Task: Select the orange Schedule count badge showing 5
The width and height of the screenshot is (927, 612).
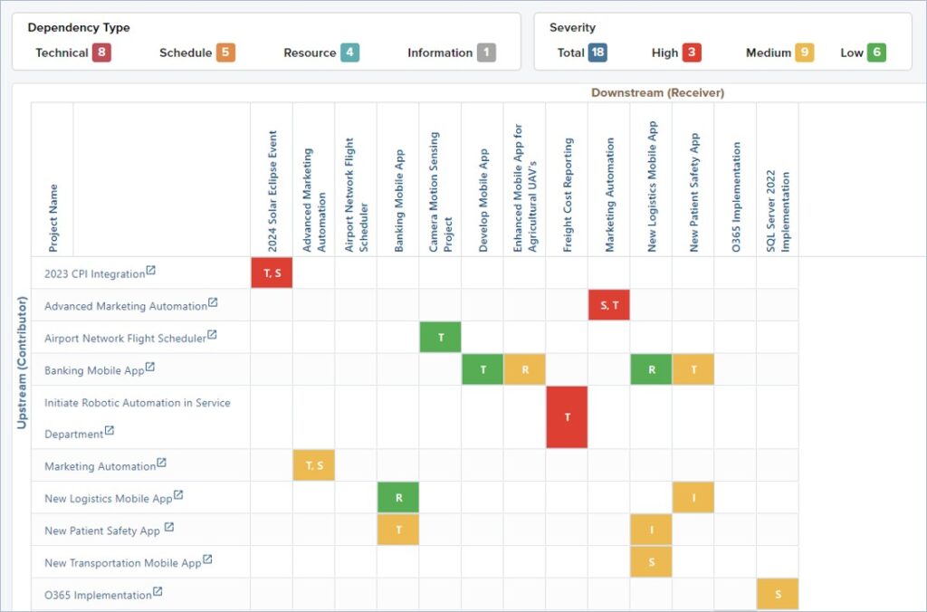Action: pos(225,53)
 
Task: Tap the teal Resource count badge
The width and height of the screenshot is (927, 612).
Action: pos(350,53)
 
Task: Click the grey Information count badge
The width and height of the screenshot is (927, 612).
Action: pos(486,53)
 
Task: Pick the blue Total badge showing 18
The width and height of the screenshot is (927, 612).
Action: pos(597,53)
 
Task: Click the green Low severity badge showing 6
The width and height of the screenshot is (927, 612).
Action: pos(876,53)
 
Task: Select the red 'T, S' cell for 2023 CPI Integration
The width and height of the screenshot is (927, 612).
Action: pos(272,273)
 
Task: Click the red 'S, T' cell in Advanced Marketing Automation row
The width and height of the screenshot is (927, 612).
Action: pos(608,305)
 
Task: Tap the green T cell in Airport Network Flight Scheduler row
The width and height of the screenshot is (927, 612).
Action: pos(441,337)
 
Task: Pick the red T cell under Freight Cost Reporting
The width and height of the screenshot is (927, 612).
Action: pos(567,416)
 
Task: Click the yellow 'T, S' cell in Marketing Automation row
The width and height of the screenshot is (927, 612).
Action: pos(314,465)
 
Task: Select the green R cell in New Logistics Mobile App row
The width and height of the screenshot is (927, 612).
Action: pos(398,497)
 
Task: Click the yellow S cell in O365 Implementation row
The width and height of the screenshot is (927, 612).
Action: pos(778,594)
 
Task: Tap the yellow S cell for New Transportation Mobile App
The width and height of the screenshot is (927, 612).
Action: pos(651,561)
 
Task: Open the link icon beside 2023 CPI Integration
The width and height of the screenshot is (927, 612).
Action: pos(151,271)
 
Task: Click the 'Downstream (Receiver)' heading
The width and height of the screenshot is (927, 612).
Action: pos(657,92)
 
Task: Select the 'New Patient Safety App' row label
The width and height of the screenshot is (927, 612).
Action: pos(102,531)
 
